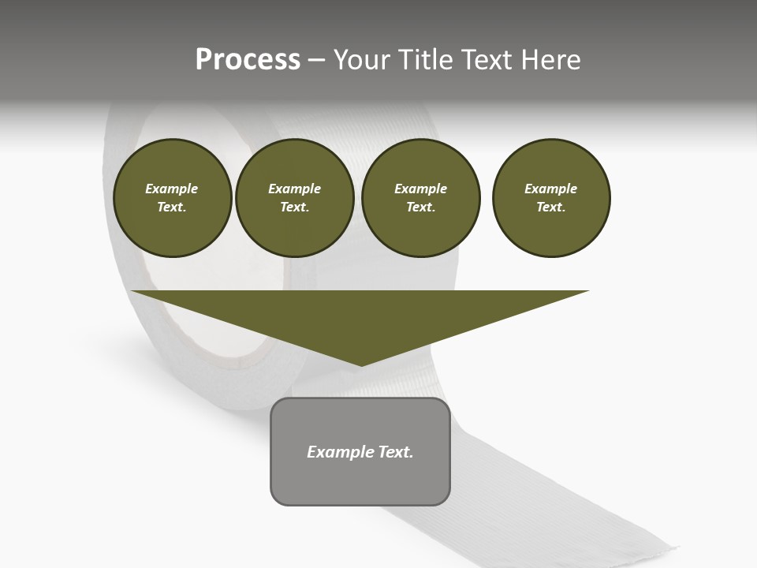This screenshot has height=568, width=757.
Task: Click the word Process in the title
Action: pyautogui.click(x=248, y=60)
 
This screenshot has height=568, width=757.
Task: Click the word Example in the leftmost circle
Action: pyautogui.click(x=172, y=189)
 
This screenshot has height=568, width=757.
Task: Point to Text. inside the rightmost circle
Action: pyautogui.click(x=551, y=207)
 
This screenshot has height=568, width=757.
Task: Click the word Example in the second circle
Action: pyautogui.click(x=294, y=189)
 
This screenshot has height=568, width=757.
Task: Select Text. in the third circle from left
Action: pyautogui.click(x=420, y=207)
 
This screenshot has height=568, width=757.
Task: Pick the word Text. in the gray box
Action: pyautogui.click(x=397, y=452)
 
